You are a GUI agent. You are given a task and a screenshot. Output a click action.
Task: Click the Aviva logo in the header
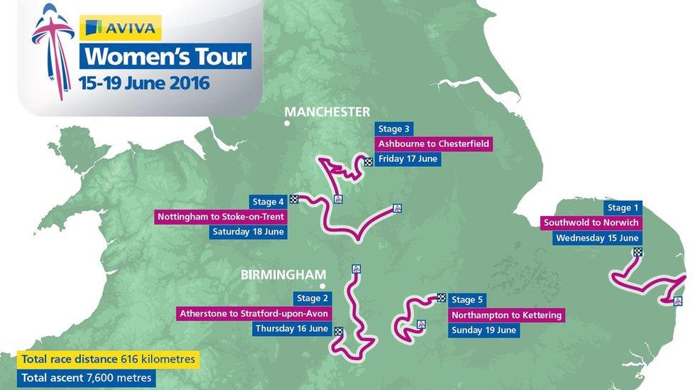tap(120, 28)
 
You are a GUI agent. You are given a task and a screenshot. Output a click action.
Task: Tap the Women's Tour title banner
tap(165, 56)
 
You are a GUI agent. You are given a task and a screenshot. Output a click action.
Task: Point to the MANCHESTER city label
tap(327, 112)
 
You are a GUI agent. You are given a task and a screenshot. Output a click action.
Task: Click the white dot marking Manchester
tap(287, 124)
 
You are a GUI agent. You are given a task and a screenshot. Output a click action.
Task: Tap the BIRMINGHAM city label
tap(283, 274)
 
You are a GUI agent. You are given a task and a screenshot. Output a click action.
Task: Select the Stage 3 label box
tap(394, 129)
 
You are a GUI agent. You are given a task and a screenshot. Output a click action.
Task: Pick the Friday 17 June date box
tap(408, 158)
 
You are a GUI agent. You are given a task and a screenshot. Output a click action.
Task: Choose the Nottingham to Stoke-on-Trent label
tap(221, 217)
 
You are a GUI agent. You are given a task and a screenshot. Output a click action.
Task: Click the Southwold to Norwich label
tap(591, 223)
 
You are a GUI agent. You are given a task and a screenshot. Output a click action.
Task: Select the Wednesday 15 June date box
tap(597, 238)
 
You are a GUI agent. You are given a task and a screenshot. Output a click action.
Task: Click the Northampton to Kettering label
tap(506, 315)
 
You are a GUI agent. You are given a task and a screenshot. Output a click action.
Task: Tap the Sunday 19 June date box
tap(484, 330)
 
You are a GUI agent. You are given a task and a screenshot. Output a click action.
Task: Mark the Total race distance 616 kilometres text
tap(108, 359)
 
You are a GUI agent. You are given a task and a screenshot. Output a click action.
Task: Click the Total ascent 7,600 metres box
tap(87, 378)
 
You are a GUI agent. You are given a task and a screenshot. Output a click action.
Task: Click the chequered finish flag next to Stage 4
tap(293, 199)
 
